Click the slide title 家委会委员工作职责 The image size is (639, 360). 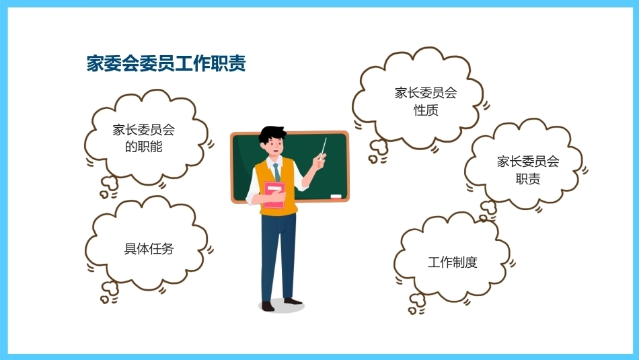(166, 63)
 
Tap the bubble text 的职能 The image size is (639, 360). (143, 147)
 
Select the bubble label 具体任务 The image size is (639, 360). (149, 249)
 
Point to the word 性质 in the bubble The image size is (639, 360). (426, 110)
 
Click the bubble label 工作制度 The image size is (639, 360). (453, 262)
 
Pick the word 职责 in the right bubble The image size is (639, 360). (528, 179)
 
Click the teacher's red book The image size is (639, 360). (274, 195)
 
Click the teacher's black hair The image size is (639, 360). (272, 134)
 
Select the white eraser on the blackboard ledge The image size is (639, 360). (336, 196)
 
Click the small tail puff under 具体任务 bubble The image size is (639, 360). (110, 289)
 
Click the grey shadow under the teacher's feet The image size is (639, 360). (282, 306)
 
